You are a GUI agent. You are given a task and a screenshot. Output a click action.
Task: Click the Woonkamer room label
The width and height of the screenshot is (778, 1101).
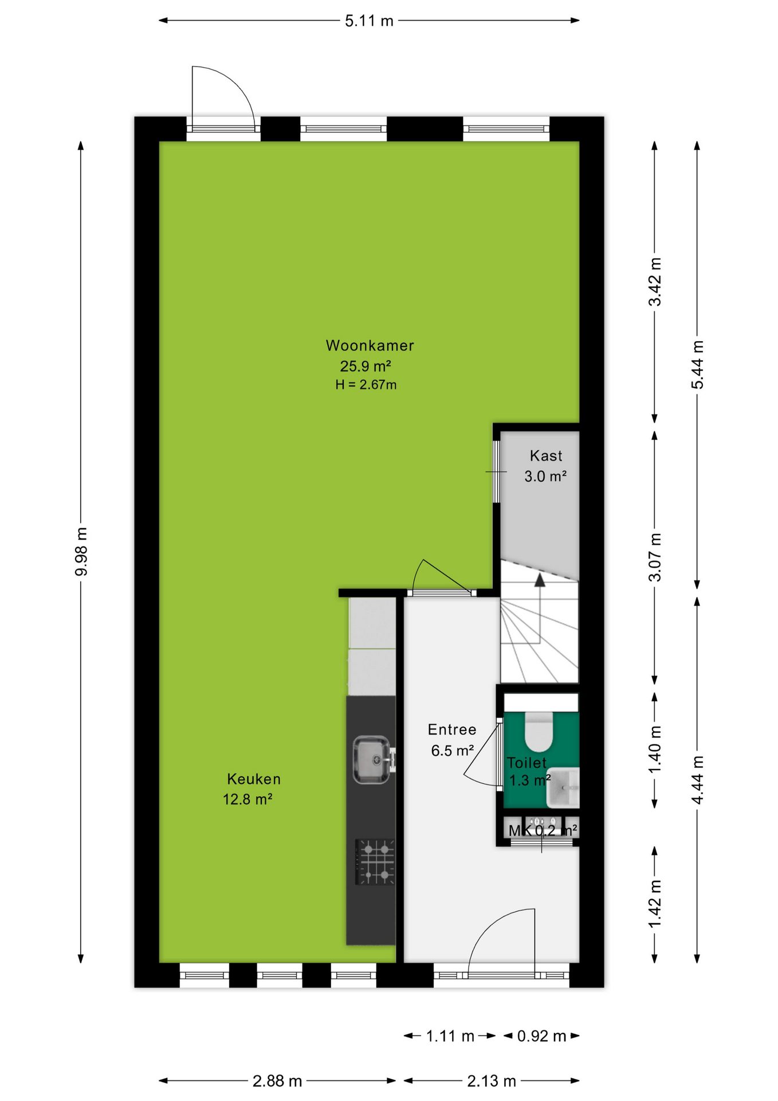coord(370,345)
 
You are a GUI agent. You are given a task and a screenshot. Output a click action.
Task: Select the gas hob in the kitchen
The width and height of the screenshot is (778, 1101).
coord(375,862)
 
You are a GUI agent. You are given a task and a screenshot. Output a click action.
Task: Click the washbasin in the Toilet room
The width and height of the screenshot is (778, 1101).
coord(563,788)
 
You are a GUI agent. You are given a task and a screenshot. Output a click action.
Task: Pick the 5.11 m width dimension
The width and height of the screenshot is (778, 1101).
coord(369,21)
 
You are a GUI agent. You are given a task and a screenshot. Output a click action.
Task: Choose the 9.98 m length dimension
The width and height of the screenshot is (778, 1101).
coord(81,552)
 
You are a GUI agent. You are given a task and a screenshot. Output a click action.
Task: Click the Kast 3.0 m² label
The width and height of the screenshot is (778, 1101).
coord(545,466)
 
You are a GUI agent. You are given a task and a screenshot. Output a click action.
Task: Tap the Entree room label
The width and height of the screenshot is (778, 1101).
coord(452,729)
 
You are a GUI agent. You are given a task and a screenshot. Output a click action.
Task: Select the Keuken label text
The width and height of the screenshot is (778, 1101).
coord(254,779)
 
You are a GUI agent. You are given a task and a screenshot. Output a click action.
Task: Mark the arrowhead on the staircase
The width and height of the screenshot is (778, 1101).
coord(540,580)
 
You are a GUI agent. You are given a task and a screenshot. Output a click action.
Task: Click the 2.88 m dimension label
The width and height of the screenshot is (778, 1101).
coord(277,1081)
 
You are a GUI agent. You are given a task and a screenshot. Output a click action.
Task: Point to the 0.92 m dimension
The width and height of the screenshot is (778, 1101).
coord(541,1036)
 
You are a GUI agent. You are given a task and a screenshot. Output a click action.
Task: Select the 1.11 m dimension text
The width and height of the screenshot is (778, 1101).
coord(450,1036)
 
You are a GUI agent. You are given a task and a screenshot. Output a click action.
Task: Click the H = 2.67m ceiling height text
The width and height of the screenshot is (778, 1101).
coord(366,385)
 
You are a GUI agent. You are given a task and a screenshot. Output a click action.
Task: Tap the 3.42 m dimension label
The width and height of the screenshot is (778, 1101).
coord(655,282)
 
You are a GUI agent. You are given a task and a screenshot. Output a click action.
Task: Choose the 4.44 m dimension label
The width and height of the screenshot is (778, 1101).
coord(697,780)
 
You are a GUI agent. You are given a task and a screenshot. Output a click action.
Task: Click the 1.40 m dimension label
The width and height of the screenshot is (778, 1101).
coord(655,749)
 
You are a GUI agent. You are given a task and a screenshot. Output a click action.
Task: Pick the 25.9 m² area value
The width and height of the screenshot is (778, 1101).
coord(366,366)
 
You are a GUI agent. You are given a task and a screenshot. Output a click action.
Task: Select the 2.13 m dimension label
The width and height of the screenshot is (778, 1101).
coord(492,1081)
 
